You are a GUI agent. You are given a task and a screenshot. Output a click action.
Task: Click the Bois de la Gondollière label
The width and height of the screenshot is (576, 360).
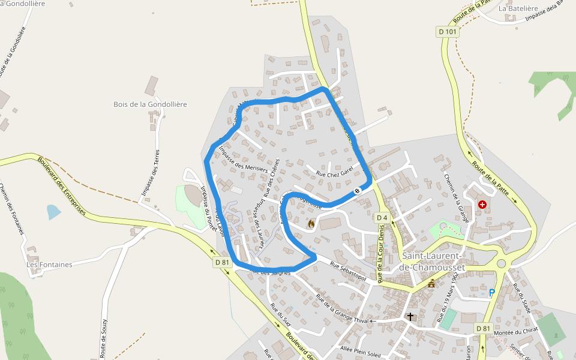(x=150, y=104)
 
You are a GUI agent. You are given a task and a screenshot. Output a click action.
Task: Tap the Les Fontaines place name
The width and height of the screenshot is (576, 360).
(x=49, y=265)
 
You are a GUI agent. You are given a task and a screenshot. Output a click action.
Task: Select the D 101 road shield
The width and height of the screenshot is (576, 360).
(x=448, y=31)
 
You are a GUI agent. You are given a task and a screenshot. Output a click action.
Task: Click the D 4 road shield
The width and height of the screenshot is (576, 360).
(x=382, y=217)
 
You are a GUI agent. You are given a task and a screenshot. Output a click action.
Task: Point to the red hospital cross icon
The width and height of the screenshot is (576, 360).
(x=482, y=205)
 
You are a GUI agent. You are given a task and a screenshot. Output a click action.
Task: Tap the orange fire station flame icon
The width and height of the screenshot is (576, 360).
(x=311, y=224)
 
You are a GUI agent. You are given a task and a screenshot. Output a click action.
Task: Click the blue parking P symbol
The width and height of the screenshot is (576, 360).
(x=492, y=293)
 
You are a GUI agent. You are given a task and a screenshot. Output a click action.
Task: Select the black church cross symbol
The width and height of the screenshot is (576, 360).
(x=410, y=316)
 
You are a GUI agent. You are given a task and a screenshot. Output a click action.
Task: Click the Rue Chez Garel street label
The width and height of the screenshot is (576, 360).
(x=335, y=172)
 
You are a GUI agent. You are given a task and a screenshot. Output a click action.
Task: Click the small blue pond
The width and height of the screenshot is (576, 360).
(x=53, y=211)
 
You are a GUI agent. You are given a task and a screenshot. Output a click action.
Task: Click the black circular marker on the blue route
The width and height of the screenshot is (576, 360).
(x=357, y=191)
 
